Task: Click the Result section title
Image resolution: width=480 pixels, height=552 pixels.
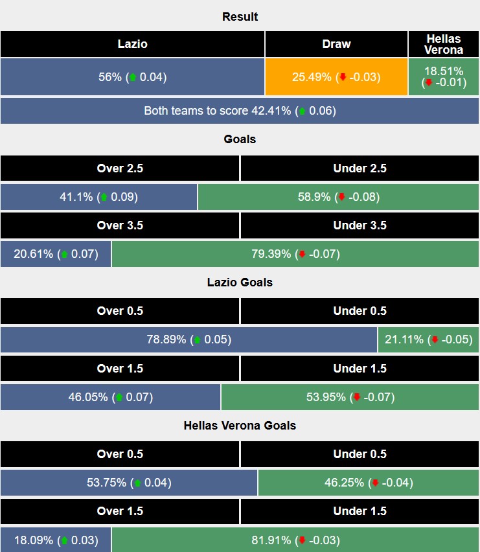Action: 240,17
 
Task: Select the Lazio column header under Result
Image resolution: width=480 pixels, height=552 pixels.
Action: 132,44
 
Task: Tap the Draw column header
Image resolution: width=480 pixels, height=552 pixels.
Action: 336,44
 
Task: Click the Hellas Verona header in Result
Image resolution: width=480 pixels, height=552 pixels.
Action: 444,44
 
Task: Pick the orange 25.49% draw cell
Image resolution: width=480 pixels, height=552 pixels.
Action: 336,77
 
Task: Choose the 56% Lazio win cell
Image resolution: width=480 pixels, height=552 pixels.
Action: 132,77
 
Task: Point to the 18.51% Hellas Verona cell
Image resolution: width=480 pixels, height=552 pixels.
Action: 444,77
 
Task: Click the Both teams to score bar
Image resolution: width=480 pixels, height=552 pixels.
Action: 240,111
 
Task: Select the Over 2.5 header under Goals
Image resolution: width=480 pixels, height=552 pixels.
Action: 120,168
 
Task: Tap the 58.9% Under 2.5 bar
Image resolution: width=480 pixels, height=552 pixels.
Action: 339,197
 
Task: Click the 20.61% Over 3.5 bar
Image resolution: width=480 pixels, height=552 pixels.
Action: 56,254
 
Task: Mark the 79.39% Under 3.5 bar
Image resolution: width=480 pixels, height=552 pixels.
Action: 295,254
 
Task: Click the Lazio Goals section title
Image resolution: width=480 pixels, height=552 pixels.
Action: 240,282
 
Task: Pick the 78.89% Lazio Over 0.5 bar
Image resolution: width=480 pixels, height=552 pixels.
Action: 189,339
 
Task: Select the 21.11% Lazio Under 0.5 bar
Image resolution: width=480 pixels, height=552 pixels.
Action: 429,339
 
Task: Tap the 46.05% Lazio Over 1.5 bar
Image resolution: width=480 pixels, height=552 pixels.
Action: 111,397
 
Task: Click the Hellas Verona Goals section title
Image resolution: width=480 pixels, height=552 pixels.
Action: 240,426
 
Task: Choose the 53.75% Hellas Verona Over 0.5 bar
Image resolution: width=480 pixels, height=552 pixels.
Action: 129,483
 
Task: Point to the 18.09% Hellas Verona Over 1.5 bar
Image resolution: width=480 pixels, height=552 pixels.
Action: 56,540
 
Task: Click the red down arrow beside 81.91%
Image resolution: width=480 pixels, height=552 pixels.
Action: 302,540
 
